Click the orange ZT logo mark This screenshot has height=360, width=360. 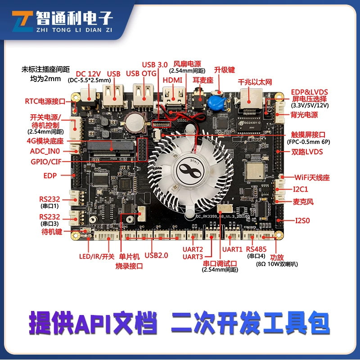click(x=22, y=21)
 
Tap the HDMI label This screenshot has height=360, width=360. click(x=172, y=80)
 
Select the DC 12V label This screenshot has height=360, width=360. click(x=88, y=74)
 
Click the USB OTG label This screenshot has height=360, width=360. click(x=141, y=73)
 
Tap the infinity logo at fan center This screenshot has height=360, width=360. click(x=189, y=171)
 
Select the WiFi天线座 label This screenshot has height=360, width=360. click(x=312, y=177)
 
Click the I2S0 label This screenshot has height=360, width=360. click(x=302, y=220)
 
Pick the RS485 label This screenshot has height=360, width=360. click(x=256, y=249)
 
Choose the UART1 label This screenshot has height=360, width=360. click(x=232, y=249)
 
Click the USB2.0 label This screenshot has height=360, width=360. click(x=156, y=255)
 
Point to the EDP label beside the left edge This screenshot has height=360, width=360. click(x=50, y=175)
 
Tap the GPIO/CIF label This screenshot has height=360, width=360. click(x=46, y=162)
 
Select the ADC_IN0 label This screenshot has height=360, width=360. click(x=45, y=151)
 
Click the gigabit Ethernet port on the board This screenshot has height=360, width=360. click(x=251, y=99)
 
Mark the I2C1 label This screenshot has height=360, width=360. click(x=301, y=189)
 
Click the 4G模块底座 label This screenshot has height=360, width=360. click(x=45, y=141)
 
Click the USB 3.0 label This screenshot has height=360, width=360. click(x=155, y=65)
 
